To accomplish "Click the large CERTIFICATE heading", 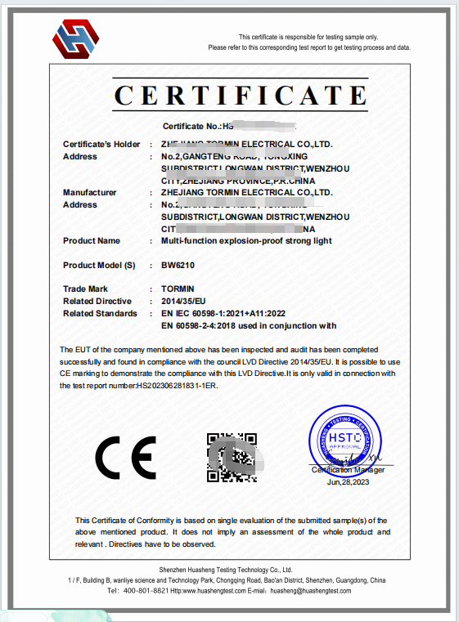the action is (240, 95).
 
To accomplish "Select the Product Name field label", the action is (92, 241).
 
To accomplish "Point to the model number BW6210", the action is (178, 266).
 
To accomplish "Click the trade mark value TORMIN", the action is (178, 289).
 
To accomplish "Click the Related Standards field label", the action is (100, 314).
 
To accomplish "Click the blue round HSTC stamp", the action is (345, 441).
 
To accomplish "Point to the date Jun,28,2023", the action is (349, 482).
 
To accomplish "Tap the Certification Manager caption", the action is (348, 470).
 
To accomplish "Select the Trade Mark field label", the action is (86, 289).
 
